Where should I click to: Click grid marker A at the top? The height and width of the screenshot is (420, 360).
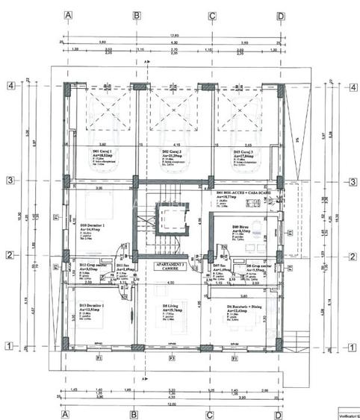pyautogui.click(x=68, y=15)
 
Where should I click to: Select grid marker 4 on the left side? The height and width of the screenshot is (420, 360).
pyautogui.click(x=11, y=85)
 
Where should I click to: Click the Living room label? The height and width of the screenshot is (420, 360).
pyautogui.click(x=173, y=307)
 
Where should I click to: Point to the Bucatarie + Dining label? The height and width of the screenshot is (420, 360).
pyautogui.click(x=243, y=307)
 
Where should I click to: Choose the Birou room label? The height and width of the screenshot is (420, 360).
pyautogui.click(x=240, y=228)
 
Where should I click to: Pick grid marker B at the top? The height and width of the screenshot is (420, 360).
pyautogui.click(x=136, y=15)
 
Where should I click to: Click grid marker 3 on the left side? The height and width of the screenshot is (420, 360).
pyautogui.click(x=11, y=180)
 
